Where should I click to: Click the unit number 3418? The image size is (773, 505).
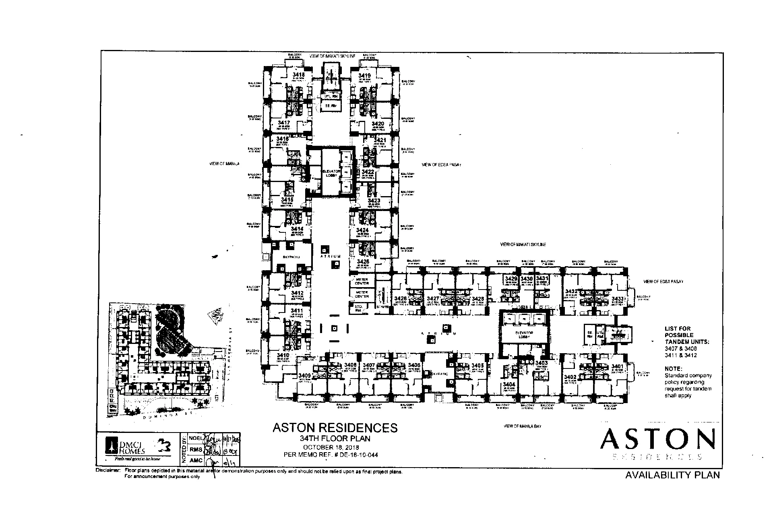[298, 75]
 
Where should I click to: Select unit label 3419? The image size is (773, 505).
[364, 76]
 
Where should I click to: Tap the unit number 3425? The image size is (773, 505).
[362, 261]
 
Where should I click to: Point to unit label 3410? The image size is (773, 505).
[283, 356]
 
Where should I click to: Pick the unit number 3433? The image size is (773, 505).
[617, 299]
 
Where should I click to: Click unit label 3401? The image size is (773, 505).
[617, 366]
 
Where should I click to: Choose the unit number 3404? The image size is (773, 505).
[509, 385]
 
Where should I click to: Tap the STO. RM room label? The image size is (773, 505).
[358, 308]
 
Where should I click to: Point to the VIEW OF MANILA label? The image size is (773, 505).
[224, 164]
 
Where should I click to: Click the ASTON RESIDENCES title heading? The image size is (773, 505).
[335, 427]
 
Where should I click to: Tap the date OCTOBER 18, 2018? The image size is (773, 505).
[331, 447]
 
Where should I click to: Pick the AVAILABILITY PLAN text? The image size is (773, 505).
[672, 475]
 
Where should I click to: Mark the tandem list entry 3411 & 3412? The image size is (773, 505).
[680, 355]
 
